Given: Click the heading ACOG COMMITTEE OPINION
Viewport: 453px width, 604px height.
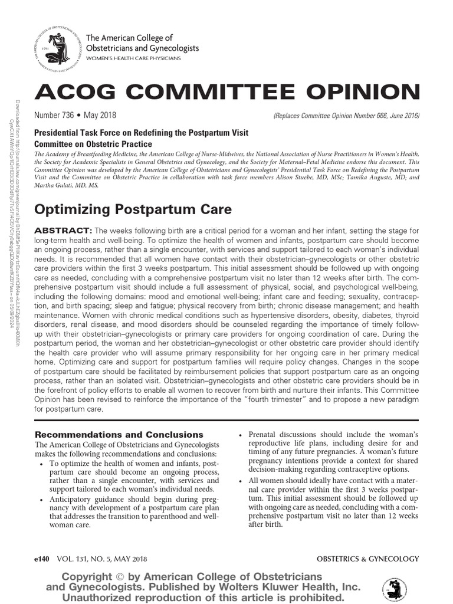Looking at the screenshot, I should [x=228, y=92].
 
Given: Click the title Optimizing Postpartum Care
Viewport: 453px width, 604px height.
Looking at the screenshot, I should [x=133, y=209].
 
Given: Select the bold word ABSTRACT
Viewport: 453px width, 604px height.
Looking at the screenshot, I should [x=64, y=229].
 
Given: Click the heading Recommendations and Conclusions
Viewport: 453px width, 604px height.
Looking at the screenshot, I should [x=119, y=434].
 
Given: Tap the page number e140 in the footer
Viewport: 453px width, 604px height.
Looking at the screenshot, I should [x=45, y=559].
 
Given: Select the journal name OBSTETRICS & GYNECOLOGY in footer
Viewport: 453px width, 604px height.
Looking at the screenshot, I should [x=367, y=559].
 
